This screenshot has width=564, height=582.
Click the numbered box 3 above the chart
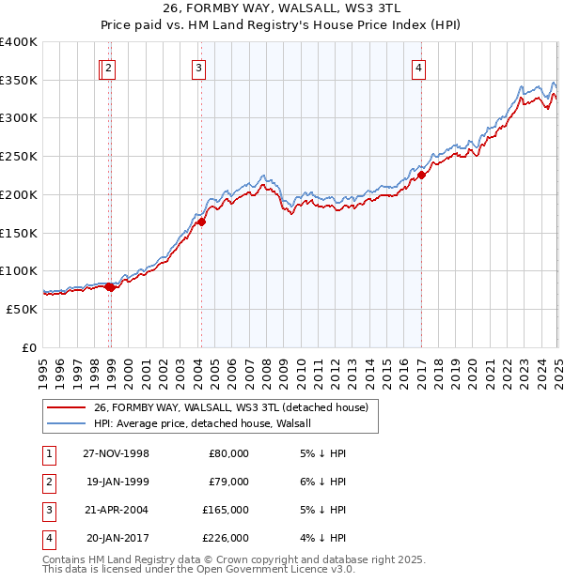click(x=199, y=67)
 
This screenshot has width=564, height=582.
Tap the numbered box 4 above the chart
click(x=418, y=67)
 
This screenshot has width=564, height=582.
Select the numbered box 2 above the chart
click(x=109, y=67)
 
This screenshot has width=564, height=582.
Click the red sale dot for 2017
click(x=422, y=174)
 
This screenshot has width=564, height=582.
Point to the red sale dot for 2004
click(x=201, y=222)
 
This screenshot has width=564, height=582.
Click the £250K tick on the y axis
click(x=21, y=156)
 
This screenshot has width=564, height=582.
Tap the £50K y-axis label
click(x=23, y=309)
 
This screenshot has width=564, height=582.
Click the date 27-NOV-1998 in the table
click(x=117, y=453)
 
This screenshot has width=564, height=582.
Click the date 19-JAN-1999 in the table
click(x=117, y=482)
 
